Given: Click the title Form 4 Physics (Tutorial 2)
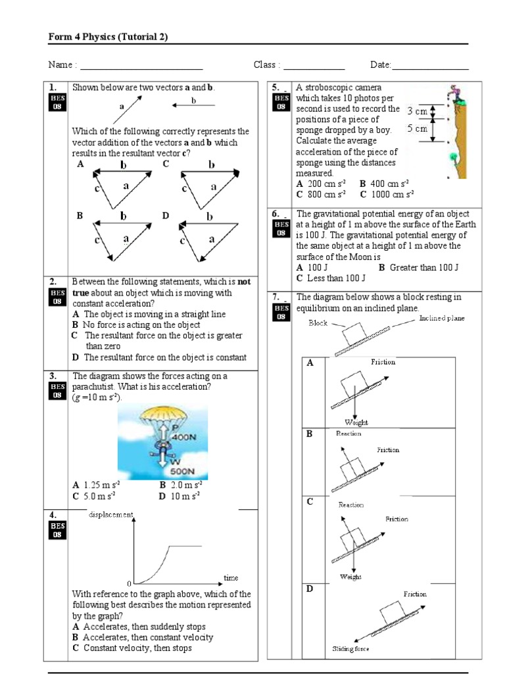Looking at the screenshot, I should [x=108, y=37].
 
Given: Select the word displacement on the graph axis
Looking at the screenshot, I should [x=110, y=514].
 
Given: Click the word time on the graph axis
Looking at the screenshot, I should [x=231, y=577].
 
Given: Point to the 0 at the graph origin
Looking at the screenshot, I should [x=130, y=584].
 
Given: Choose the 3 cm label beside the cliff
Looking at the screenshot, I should [x=418, y=111].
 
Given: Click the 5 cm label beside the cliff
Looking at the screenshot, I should [x=418, y=129].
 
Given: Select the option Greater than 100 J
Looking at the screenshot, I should [x=418, y=267].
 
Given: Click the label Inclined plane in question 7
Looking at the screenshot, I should [x=441, y=319].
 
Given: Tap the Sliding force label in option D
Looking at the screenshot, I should [x=350, y=649].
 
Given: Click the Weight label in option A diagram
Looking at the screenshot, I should [x=356, y=422].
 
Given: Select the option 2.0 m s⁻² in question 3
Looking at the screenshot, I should [x=179, y=485].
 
